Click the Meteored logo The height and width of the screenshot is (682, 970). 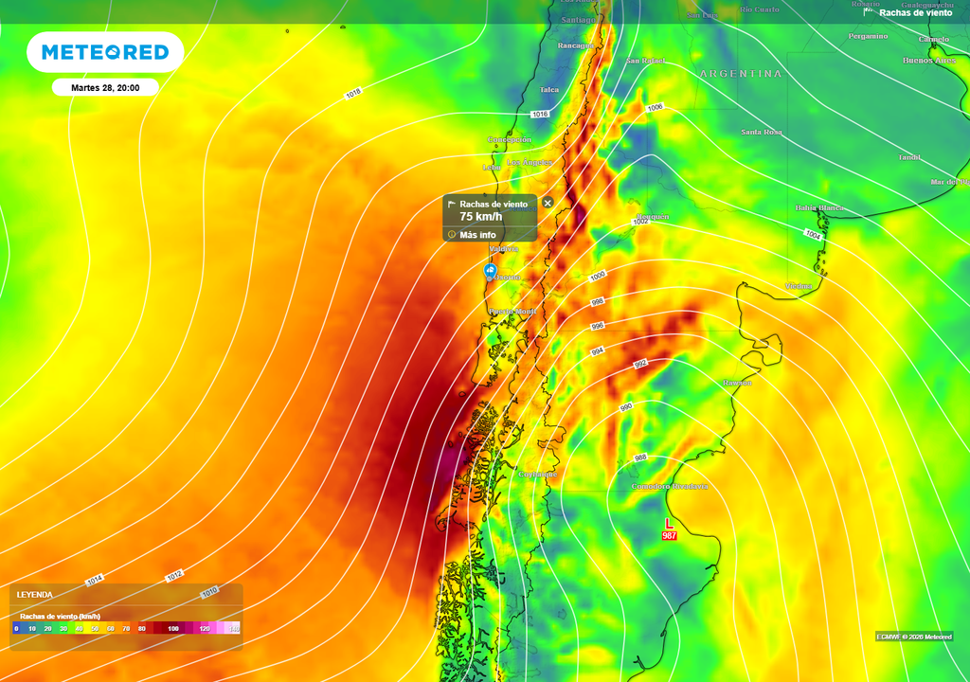pyautogui.click(x=104, y=52)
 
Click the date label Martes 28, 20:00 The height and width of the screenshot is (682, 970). pyautogui.click(x=105, y=87)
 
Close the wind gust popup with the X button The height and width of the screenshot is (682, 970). pyautogui.click(x=548, y=203)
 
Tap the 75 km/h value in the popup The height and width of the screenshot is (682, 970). pyautogui.click(x=480, y=217)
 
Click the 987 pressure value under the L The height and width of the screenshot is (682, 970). pyautogui.click(x=670, y=536)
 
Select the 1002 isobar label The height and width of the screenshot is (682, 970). pyautogui.click(x=640, y=222)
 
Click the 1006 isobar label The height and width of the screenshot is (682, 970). pyautogui.click(x=655, y=108)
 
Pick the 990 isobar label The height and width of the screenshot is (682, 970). pyautogui.click(x=626, y=406)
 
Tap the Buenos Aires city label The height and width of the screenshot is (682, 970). pyautogui.click(x=928, y=61)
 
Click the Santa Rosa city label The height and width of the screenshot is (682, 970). pyautogui.click(x=761, y=132)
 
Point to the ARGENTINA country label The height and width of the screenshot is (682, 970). pyautogui.click(x=741, y=73)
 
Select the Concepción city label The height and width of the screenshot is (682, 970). pyautogui.click(x=509, y=139)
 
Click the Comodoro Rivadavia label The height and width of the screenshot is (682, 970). pyautogui.click(x=670, y=486)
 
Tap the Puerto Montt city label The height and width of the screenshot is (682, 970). pyautogui.click(x=512, y=312)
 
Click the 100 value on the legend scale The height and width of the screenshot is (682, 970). pyautogui.click(x=173, y=628)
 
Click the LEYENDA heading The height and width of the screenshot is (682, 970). pyautogui.click(x=35, y=595)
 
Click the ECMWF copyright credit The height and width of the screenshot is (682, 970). pyautogui.click(x=913, y=637)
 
